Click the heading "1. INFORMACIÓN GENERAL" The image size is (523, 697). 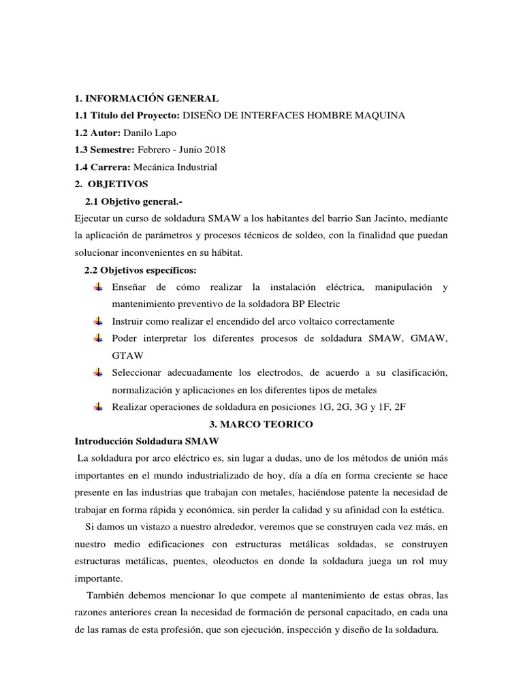coord(146,99)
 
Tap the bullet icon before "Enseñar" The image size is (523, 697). coord(99,288)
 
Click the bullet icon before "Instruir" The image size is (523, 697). coord(99,321)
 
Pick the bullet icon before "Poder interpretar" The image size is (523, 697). coord(99,338)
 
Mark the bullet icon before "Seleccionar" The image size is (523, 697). coord(99,373)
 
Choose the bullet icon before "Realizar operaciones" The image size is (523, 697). coord(99,407)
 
